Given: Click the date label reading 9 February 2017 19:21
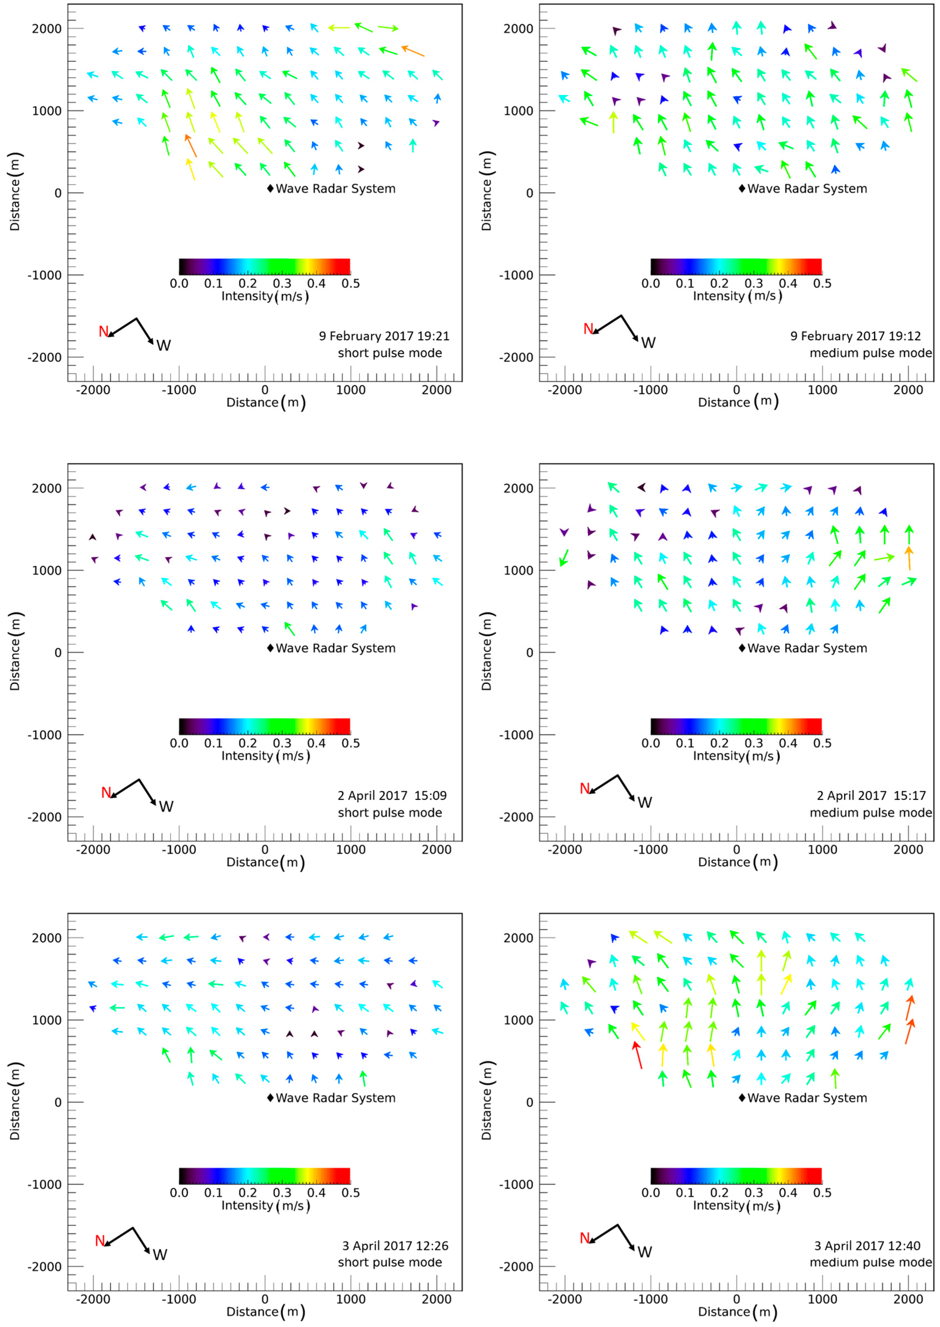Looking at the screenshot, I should click(384, 336).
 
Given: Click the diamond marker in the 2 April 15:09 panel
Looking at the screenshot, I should click(270, 648).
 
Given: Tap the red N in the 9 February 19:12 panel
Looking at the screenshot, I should click(588, 329).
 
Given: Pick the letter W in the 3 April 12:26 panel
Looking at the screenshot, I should click(160, 1255).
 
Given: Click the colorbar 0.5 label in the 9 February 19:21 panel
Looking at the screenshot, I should click(350, 284).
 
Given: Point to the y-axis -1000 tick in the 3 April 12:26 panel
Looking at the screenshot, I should click(44, 1185).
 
